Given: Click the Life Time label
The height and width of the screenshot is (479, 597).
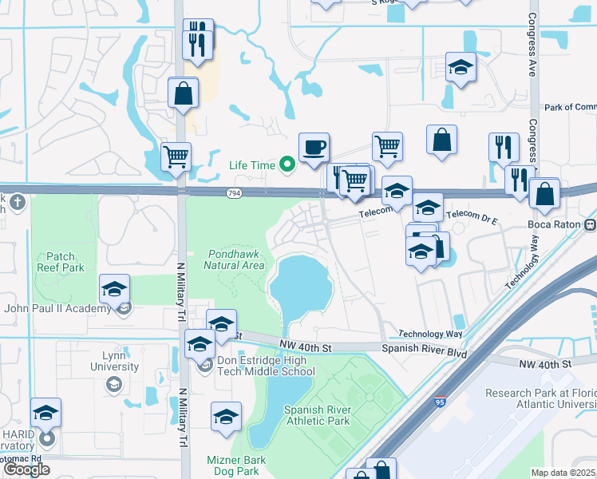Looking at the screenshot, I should click(x=251, y=165).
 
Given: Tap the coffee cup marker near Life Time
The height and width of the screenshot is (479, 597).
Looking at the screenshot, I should click(x=314, y=147).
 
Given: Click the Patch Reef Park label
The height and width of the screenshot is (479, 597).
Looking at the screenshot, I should click(x=60, y=263).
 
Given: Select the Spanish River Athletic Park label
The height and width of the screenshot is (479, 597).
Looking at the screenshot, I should click(x=317, y=415).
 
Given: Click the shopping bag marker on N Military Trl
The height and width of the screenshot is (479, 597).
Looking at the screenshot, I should click(x=184, y=92).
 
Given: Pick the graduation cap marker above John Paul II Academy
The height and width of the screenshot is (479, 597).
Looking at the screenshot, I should click(x=115, y=288).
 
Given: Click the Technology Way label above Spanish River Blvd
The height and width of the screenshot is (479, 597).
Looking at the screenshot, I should click(x=430, y=334).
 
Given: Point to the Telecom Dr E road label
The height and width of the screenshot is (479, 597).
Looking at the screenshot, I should click(x=472, y=216).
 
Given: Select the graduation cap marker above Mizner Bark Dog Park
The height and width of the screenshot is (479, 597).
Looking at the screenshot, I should click(x=226, y=416).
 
